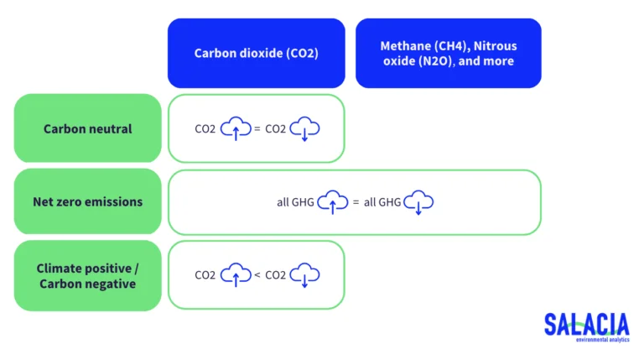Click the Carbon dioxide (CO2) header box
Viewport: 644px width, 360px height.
tap(256, 53)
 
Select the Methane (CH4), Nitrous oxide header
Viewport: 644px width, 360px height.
tap(448, 53)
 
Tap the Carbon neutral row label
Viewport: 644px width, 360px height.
tap(87, 128)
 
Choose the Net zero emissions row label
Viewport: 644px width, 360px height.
tap(87, 201)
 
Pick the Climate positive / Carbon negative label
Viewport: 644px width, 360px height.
tap(87, 275)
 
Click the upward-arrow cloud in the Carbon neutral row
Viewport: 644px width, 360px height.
tap(236, 128)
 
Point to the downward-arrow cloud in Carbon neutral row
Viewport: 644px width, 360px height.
tap(305, 128)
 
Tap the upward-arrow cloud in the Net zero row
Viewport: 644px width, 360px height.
tap(333, 202)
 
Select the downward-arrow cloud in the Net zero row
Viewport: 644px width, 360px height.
tap(418, 202)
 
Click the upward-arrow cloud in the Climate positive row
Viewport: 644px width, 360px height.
tap(236, 274)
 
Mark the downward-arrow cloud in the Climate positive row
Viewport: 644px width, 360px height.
tap(305, 274)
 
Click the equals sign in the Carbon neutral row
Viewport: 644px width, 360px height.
tap(257, 128)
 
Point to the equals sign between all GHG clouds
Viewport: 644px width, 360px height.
tap(356, 202)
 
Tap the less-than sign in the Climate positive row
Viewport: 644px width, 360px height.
tap(257, 274)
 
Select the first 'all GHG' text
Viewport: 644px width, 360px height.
tap(295, 202)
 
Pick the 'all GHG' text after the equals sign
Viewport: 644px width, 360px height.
tap(382, 202)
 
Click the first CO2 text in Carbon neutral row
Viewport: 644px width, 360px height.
tap(205, 129)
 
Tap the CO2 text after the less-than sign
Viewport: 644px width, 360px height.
tap(276, 275)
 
